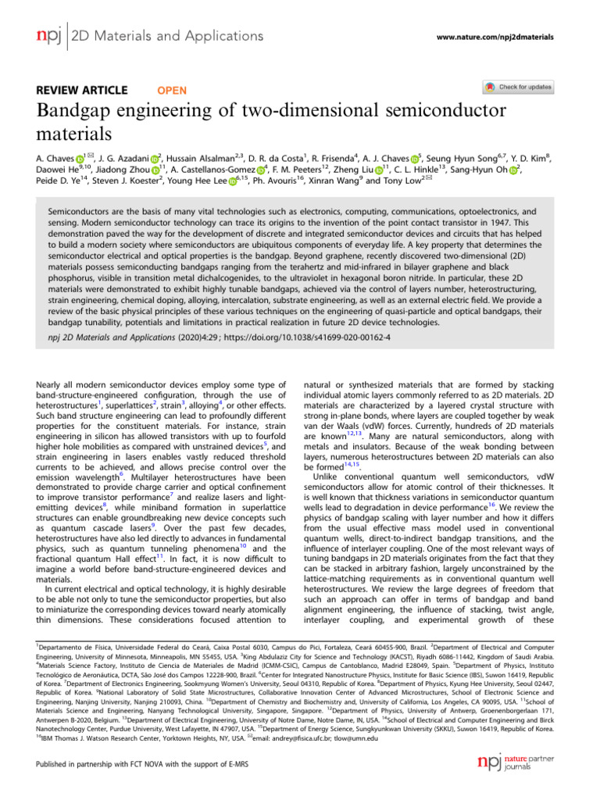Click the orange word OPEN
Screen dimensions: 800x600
point(172,90)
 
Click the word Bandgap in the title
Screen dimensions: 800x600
point(80,111)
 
